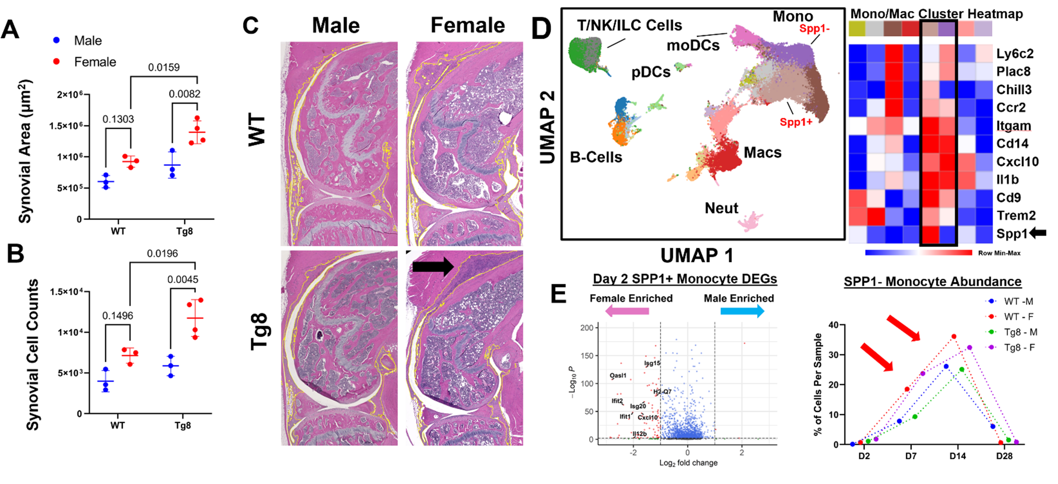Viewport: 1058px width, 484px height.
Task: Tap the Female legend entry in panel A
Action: point(95,62)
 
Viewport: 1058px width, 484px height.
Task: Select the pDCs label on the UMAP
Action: point(651,72)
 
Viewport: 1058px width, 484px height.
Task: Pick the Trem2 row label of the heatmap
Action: point(1016,215)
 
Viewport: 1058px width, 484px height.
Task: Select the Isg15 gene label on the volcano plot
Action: point(652,363)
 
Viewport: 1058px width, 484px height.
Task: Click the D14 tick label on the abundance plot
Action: point(957,456)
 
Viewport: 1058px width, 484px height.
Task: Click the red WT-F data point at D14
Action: point(954,337)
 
